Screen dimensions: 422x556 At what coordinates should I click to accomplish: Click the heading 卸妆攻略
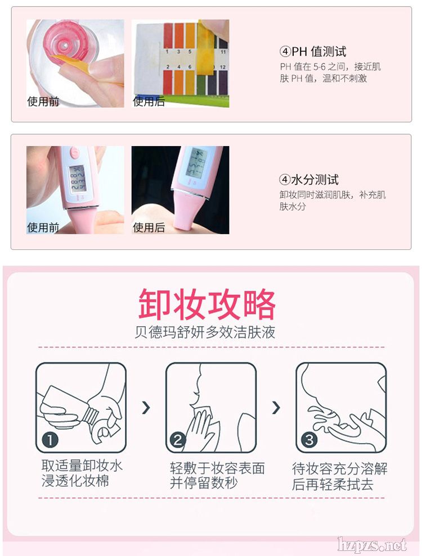click(206, 304)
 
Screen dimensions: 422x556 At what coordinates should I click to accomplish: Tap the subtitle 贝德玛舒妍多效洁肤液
click(205, 332)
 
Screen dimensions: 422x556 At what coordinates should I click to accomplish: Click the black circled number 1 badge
click(50, 440)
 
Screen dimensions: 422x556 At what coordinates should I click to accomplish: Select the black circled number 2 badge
click(178, 440)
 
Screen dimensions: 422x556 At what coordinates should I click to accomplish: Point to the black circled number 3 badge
click(309, 440)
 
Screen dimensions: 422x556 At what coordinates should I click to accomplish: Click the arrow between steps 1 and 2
click(146, 408)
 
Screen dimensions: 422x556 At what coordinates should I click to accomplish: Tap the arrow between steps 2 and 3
click(276, 408)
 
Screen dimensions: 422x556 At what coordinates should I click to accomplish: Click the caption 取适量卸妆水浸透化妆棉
click(82, 473)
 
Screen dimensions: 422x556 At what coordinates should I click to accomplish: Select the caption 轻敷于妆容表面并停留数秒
click(217, 475)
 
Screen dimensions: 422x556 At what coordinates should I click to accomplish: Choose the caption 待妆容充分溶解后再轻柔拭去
click(340, 477)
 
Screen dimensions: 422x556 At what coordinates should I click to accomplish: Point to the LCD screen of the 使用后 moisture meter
click(197, 163)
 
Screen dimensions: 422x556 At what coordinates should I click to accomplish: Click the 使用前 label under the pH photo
click(43, 102)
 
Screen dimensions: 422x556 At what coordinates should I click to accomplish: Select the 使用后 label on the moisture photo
click(149, 227)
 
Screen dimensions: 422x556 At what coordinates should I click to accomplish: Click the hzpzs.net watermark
click(372, 544)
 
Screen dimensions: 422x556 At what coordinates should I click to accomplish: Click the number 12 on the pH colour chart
click(223, 67)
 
